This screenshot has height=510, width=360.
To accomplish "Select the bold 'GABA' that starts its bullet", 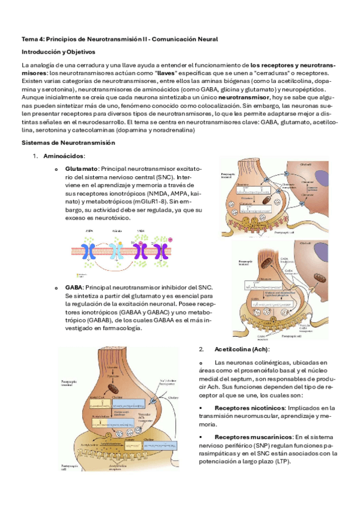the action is click(x=74, y=288).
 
